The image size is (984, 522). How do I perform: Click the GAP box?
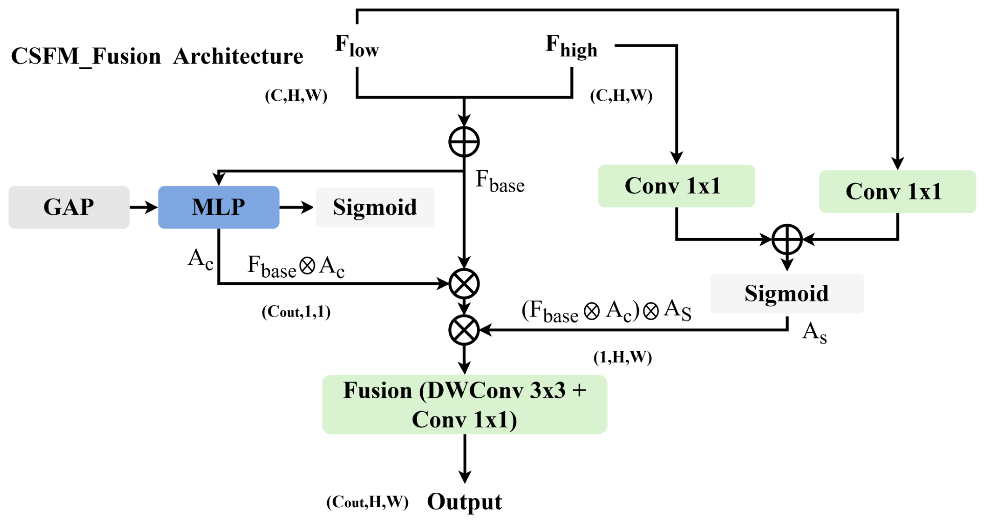click(69, 207)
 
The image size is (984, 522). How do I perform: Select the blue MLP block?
click(219, 207)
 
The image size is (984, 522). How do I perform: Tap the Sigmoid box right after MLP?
click(375, 207)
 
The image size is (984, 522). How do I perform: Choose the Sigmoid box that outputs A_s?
click(787, 293)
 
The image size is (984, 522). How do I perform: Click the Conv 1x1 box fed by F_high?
click(676, 186)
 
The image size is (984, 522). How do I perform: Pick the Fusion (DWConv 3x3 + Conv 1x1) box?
click(465, 404)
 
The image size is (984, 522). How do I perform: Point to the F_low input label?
click(357, 46)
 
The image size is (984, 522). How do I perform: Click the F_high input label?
click(571, 46)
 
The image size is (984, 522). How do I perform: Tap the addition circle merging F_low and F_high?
click(464, 142)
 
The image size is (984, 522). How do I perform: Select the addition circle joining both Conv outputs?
click(787, 239)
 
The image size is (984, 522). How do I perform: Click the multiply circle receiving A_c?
click(464, 284)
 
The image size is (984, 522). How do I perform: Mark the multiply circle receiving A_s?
click(464, 330)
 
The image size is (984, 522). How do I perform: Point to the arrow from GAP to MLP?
click(144, 207)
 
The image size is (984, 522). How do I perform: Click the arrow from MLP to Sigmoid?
click(296, 207)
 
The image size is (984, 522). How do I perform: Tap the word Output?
click(465, 502)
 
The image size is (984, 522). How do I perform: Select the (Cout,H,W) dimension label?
click(368, 502)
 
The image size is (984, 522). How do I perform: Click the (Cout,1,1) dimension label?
click(296, 312)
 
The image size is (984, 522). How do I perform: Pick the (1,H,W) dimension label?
click(623, 357)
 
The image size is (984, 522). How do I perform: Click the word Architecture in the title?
click(238, 56)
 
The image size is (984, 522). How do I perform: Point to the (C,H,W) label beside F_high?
click(621, 96)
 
